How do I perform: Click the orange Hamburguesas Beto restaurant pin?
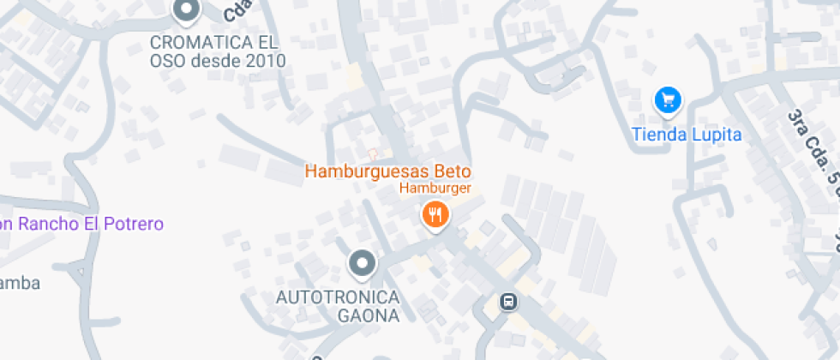[435, 214]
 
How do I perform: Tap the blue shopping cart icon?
[668, 101]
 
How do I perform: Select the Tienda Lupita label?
[686, 135]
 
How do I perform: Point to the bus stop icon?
[509, 301]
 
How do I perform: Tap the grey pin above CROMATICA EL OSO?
[185, 10]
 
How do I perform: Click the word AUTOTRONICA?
[337, 297]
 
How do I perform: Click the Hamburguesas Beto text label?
[388, 171]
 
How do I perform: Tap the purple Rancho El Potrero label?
[81, 224]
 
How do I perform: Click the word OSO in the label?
[165, 61]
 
